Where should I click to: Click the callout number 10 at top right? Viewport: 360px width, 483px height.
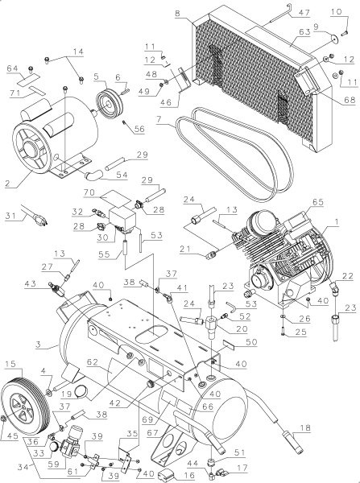(337, 10)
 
